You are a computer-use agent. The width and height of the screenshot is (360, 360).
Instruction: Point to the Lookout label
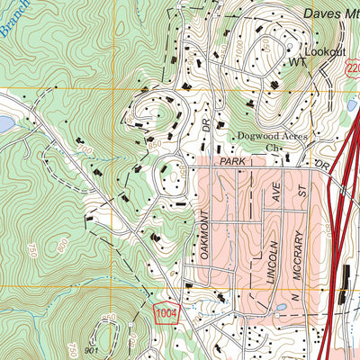[x=325, y=52]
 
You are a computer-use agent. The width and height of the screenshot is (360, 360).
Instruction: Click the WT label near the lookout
[x=298, y=63]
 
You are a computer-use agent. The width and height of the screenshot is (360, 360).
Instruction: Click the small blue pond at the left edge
[x=4, y=122]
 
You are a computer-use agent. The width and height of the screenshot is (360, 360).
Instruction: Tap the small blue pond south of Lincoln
[x=281, y=308]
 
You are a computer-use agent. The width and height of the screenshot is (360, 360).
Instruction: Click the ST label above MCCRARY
[x=305, y=191]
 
